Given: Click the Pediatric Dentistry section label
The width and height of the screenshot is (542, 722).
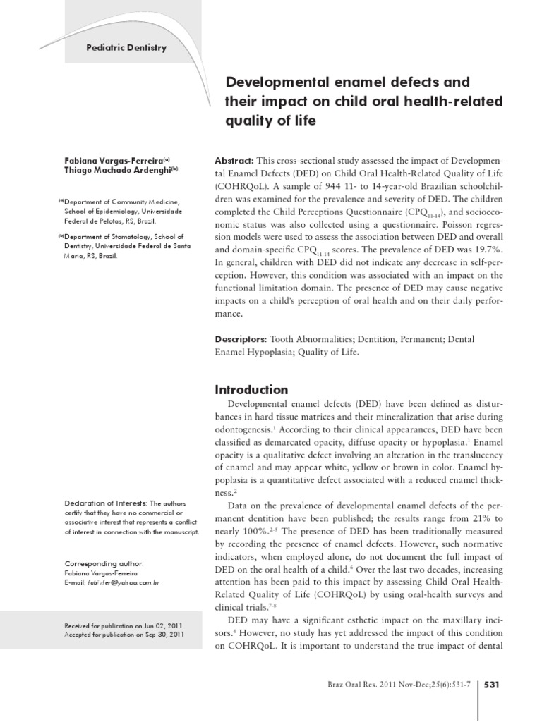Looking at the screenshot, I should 126,48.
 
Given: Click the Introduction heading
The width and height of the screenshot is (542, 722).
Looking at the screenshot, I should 251,390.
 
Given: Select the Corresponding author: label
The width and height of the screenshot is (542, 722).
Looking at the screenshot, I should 104,564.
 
